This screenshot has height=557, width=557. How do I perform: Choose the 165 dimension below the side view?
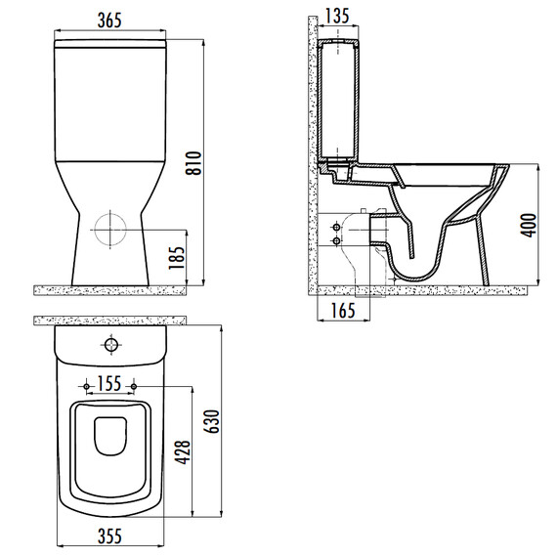pos(341,312)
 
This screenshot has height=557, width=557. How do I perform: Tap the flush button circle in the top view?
pos(110,345)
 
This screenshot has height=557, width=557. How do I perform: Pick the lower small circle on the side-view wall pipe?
pos(337,239)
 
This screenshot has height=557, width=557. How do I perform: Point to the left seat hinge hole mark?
pos(88,382)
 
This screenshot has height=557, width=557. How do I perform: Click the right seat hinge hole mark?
pos(133,382)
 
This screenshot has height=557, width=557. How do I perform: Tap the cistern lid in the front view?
pos(109,45)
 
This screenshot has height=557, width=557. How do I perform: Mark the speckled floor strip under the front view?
pos(109,288)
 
